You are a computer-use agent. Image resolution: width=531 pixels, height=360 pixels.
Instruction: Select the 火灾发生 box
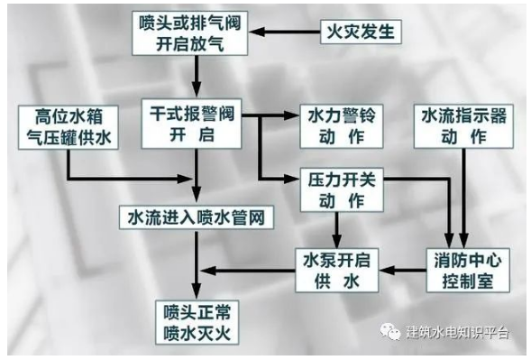click(x=358, y=33)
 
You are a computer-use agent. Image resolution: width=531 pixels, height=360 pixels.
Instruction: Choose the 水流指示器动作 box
click(x=462, y=126)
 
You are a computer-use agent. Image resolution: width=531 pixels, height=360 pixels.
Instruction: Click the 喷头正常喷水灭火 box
click(x=197, y=318)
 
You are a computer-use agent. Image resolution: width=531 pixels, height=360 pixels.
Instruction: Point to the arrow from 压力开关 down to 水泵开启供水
click(x=338, y=226)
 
